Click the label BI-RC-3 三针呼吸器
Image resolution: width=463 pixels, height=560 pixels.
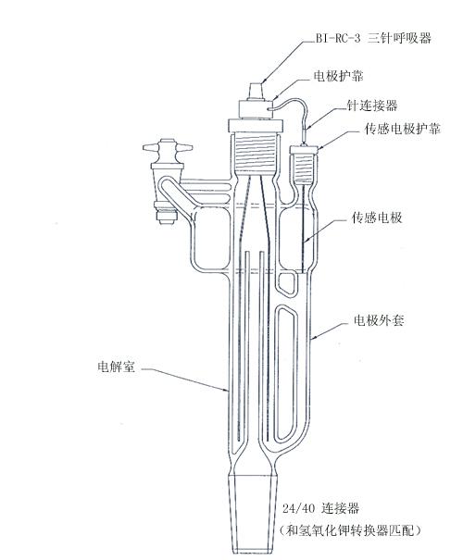coord(373,38)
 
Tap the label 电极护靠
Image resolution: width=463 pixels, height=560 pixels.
coord(338,76)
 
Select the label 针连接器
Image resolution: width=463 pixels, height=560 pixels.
coord(372,105)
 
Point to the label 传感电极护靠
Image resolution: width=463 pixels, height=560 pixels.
coord(402,129)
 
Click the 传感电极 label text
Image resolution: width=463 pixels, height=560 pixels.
coord(377,218)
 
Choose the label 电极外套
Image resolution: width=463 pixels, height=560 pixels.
coord(379,320)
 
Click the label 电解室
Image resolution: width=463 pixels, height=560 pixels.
coord(116,367)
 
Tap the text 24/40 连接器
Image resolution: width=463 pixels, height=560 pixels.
coord(320,508)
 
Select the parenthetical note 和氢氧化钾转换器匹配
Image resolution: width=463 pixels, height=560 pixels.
coord(351,530)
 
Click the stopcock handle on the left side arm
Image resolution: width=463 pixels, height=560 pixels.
coord(168,147)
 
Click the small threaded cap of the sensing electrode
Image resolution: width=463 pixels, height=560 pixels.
coord(304,163)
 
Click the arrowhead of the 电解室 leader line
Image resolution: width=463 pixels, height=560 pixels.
coord(226,391)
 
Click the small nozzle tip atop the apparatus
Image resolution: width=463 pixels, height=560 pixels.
coord(256,91)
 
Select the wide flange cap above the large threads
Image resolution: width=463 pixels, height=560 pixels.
coord(256,126)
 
